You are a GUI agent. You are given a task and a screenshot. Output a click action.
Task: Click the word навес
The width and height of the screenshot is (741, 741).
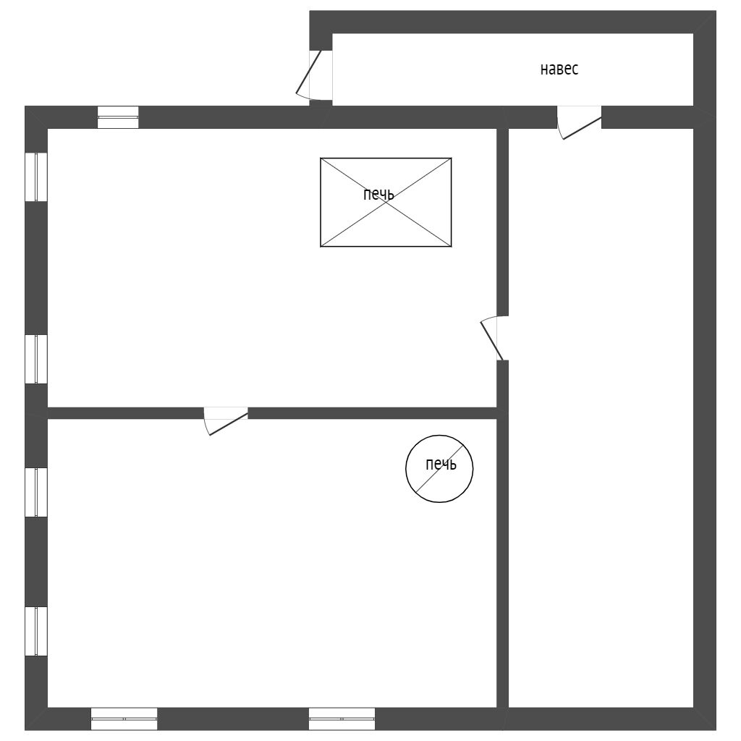(x=559, y=69)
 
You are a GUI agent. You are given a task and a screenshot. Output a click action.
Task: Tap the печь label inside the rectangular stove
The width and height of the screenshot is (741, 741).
(x=378, y=194)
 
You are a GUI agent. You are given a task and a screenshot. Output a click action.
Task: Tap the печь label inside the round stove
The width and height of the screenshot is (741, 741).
(x=441, y=465)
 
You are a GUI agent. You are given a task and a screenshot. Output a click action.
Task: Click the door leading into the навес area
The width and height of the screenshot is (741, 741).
(x=314, y=74)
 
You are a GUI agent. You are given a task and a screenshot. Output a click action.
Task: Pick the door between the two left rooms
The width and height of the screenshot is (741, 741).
(x=226, y=419)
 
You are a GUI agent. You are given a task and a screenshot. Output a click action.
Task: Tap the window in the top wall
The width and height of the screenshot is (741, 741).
(x=118, y=117)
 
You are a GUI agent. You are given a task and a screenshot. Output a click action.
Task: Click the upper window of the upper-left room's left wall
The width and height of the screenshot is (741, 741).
(x=36, y=177)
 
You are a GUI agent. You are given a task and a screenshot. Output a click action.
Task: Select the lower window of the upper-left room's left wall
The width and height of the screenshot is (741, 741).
(x=36, y=359)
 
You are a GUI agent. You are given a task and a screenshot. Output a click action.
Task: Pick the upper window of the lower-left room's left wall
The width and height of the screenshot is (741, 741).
(x=36, y=492)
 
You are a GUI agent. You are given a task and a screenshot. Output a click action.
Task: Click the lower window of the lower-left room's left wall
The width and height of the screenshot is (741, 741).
(x=36, y=631)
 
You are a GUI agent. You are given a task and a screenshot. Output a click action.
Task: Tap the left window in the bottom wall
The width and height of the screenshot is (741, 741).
(x=124, y=719)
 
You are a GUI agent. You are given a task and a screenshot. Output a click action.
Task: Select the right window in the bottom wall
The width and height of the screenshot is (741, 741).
(x=342, y=719)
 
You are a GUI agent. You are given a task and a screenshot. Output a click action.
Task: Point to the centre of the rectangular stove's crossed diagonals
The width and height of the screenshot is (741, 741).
(x=386, y=203)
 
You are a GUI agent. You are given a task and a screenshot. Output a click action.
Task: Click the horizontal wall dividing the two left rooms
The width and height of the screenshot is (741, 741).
(x=362, y=413)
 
